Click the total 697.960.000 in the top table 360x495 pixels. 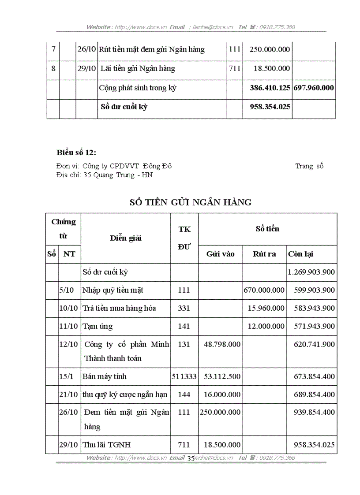(x=314, y=88)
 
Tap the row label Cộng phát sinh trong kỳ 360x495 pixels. (x=138, y=88)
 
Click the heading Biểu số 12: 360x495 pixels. (x=76, y=153)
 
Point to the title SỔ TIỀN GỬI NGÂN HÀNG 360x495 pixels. (x=191, y=202)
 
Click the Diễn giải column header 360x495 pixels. (x=126, y=238)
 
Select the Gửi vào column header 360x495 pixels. (x=220, y=254)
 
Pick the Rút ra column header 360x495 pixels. (x=264, y=254)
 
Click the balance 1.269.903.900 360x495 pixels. (x=311, y=272)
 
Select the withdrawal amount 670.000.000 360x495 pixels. (x=264, y=290)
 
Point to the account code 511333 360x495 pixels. (x=184, y=376)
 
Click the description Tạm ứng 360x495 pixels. (x=97, y=326)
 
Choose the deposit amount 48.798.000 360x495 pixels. (x=222, y=344)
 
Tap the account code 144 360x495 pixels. (x=184, y=395)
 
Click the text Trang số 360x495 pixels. (x=309, y=166)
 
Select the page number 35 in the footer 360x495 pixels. (x=191, y=458)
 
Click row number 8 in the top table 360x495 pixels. (x=53, y=68)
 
